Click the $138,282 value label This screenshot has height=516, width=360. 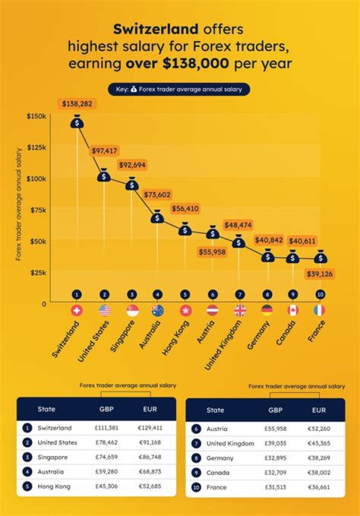click(x=77, y=104)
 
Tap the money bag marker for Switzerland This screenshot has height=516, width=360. click(x=76, y=122)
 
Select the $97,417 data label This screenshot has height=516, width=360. click(x=105, y=150)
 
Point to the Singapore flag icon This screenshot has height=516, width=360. click(x=132, y=311)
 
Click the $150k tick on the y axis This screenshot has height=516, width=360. click(x=36, y=116)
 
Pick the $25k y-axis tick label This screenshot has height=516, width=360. click(x=38, y=273)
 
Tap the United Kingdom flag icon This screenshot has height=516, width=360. click(x=240, y=311)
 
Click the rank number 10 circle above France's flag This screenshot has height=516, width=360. click(x=320, y=295)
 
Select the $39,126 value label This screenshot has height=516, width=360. click(x=320, y=274)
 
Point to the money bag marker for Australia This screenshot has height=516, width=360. click(x=157, y=217)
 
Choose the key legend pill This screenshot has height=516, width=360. click(x=179, y=89)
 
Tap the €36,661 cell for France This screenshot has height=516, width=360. click(x=319, y=487)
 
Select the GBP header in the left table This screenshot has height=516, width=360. click(x=106, y=409)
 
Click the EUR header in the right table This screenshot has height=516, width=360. click(x=319, y=410)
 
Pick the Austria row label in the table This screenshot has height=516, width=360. click(x=216, y=429)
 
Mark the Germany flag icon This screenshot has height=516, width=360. click(x=267, y=311)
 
